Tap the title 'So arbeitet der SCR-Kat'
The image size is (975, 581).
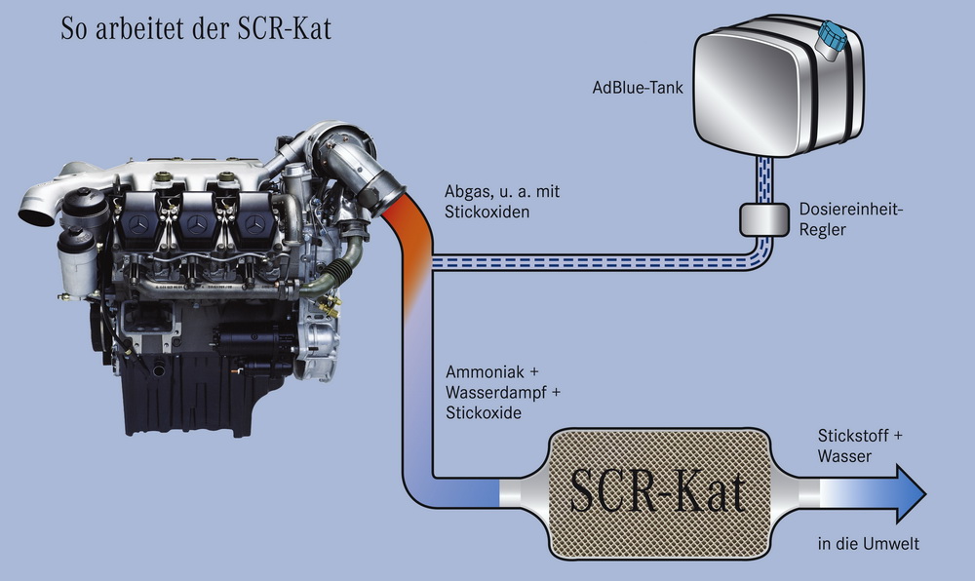[x=196, y=29]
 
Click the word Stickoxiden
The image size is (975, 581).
[x=486, y=212]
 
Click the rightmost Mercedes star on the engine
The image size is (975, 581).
[x=256, y=225]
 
